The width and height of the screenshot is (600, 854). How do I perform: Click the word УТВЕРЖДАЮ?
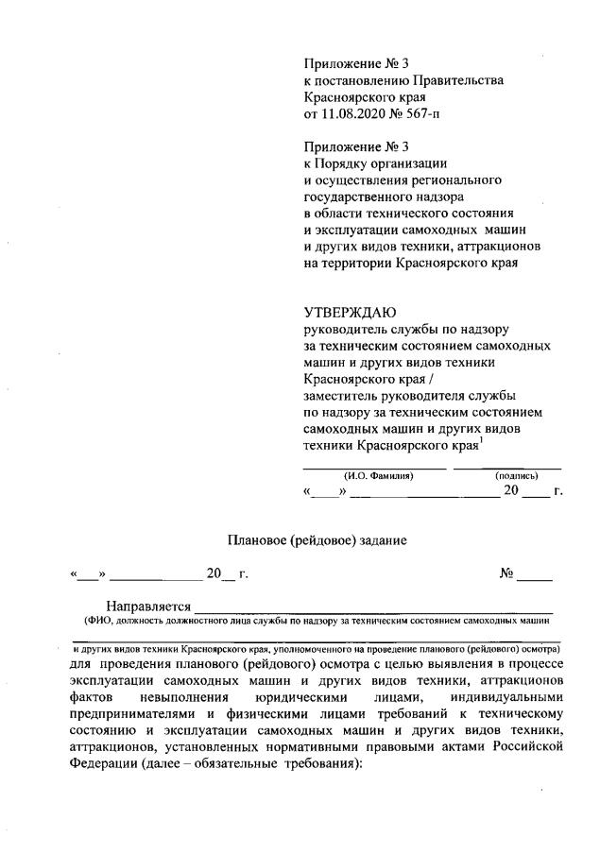pos(351,312)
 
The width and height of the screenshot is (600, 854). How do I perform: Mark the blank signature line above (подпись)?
pos(507,467)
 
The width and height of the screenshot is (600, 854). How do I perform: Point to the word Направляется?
pos(149,606)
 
